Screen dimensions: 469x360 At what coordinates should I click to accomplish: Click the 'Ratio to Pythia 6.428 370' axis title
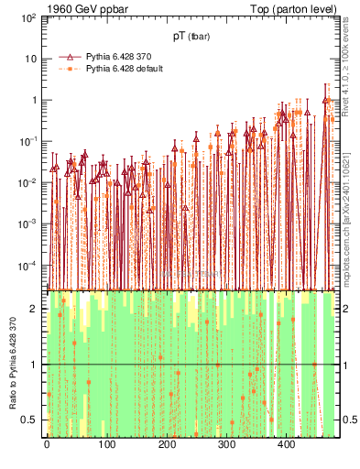click(x=11, y=364)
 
